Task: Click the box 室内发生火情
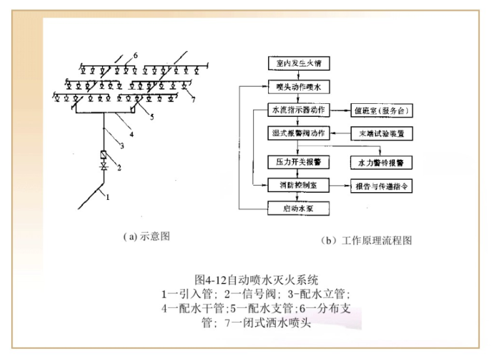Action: [299, 63]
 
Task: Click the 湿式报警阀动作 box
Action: [299, 133]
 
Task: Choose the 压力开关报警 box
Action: [299, 160]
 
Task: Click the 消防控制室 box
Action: [299, 186]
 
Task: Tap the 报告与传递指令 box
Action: [382, 186]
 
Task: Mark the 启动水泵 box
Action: [299, 209]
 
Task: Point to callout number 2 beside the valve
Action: [119, 168]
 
